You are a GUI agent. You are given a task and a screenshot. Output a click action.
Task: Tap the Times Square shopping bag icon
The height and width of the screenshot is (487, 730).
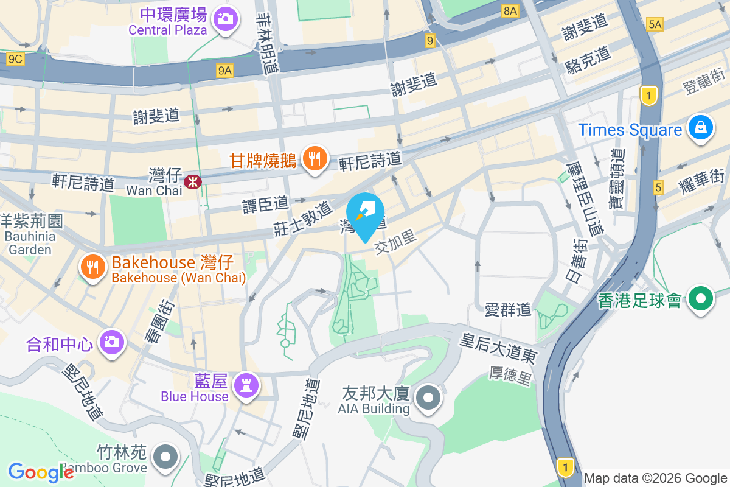(701, 128)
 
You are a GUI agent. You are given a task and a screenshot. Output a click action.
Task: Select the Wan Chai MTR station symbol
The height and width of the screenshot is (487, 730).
(193, 181)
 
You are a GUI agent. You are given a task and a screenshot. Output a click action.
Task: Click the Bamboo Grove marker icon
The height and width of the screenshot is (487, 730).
(164, 457)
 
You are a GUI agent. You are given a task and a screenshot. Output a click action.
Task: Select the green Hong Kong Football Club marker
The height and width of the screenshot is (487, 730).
(701, 299)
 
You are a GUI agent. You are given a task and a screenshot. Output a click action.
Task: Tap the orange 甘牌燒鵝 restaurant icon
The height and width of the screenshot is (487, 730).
(314, 159)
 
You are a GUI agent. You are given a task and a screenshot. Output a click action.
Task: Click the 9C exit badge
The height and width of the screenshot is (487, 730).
(15, 59)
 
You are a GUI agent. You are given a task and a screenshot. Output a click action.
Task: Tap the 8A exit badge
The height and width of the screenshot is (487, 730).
(510, 10)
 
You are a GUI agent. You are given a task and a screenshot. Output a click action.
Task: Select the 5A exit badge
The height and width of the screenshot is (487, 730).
(655, 24)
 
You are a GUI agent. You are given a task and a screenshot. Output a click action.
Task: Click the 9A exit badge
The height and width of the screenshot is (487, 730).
(225, 71)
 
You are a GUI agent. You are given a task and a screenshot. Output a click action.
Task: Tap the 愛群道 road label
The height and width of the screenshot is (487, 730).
(508, 310)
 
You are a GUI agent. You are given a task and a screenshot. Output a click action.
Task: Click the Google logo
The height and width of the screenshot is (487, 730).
(41, 472)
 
